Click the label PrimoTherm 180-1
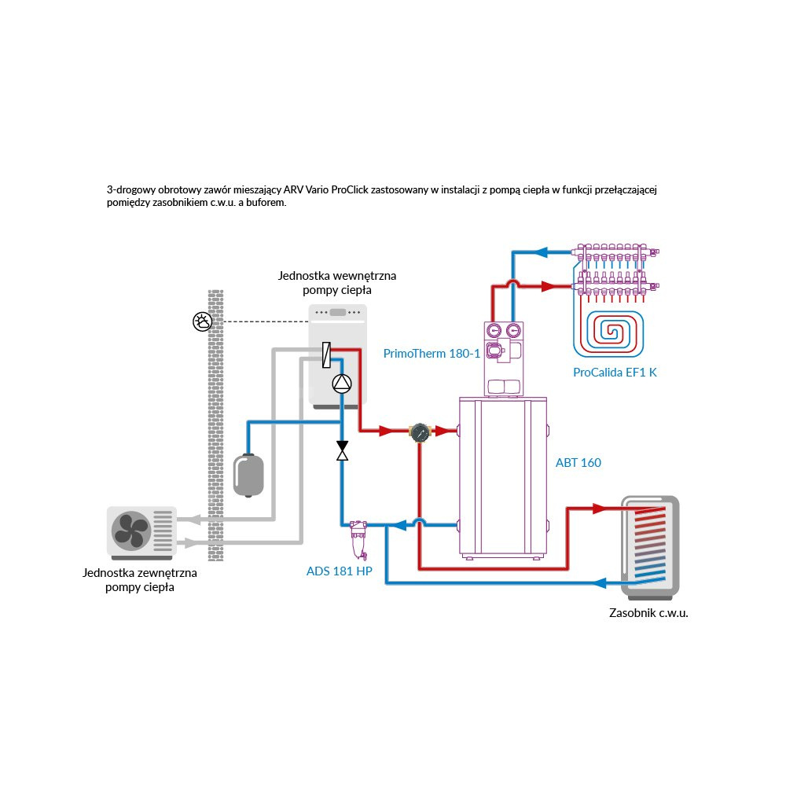pyautogui.click(x=431, y=354)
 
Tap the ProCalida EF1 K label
pyautogui.click(x=615, y=372)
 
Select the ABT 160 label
pyautogui.click(x=578, y=463)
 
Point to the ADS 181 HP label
pyautogui.click(x=339, y=571)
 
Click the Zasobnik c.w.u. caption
pyautogui.click(x=648, y=613)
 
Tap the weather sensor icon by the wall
pyautogui.click(x=202, y=321)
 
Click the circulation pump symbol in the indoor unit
pyautogui.click(x=342, y=384)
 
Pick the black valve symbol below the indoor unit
pyautogui.click(x=342, y=450)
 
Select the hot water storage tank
pyautogui.click(x=649, y=545)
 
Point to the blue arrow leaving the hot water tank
pyautogui.click(x=600, y=583)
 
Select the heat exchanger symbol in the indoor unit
pyautogui.click(x=325, y=355)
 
